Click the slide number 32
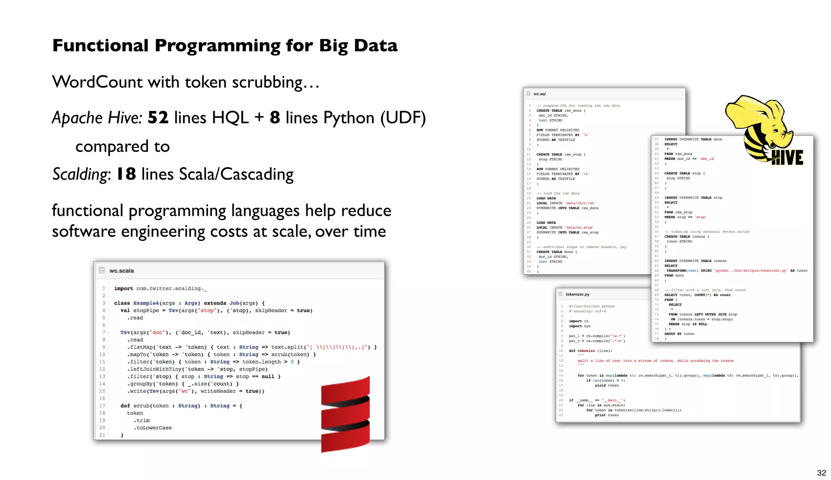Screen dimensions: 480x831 tap(821, 473)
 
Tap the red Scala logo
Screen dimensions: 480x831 tap(345, 414)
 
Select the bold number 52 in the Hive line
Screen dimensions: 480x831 tap(158, 118)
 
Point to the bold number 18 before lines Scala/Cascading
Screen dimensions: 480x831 tap(126, 174)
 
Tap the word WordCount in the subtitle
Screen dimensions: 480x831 tap(97, 82)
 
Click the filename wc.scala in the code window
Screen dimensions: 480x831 tap(121, 270)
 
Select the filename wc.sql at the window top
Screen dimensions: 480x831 tap(539, 94)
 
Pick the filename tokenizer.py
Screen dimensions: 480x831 tap(577, 294)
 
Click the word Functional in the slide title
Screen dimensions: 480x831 tap(100, 45)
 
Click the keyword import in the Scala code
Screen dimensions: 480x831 tap(123, 288)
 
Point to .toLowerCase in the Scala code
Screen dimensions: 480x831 tap(153, 428)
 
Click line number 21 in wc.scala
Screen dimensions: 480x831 tap(102, 435)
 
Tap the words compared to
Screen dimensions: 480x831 tap(123, 146)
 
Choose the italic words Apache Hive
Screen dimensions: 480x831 tap(97, 118)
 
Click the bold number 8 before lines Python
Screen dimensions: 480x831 tap(275, 118)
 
